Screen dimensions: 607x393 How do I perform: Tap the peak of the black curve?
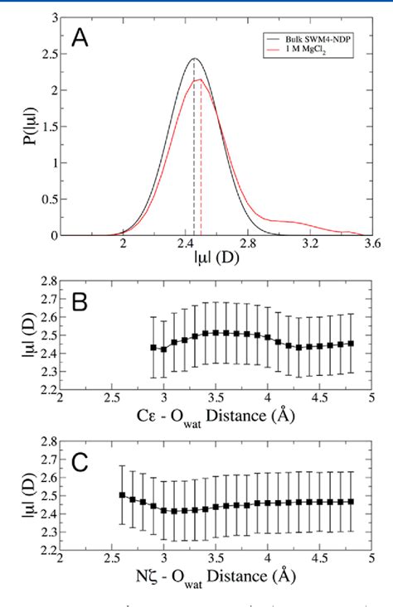(x=194, y=59)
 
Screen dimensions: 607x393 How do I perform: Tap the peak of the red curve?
(x=200, y=79)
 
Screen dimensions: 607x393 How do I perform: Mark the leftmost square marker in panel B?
(x=153, y=347)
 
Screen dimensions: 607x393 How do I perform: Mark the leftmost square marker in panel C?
(x=123, y=495)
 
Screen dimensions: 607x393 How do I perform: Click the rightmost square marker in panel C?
(x=350, y=501)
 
